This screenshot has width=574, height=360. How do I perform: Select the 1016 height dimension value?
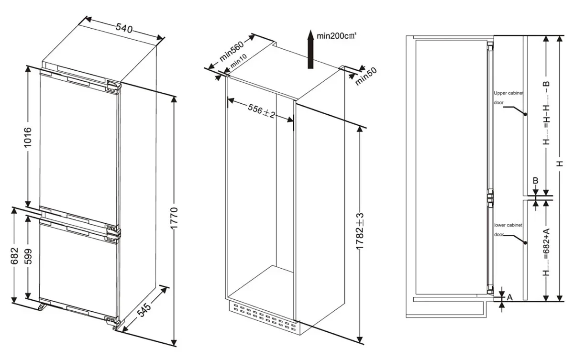[x=28, y=139]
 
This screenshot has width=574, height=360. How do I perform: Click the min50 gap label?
[x=366, y=77]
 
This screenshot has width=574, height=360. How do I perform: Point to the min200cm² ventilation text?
[x=337, y=36]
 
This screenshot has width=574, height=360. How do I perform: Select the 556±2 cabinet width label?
[x=261, y=111]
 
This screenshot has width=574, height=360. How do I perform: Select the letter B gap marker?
[x=536, y=181]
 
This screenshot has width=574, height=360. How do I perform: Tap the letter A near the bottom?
[x=510, y=297]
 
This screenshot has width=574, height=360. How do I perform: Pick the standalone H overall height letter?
[x=561, y=164]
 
